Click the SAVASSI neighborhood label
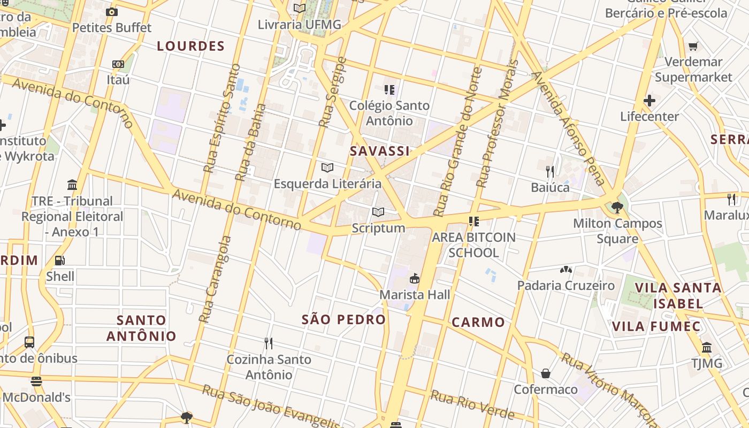380,151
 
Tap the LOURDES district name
190,47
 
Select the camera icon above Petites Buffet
112,12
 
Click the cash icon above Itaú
118,64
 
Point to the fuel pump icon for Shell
60,261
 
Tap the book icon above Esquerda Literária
327,168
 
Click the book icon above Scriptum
378,212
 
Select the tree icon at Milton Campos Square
617,207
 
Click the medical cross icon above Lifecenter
649,101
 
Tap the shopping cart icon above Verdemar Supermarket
693,47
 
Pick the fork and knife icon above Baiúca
550,172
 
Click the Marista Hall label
415,295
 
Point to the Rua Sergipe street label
332,92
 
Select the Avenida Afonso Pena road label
568,128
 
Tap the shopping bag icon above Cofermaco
546,373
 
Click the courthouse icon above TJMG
707,348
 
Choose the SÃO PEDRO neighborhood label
343,320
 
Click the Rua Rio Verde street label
473,405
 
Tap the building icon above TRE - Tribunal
72,185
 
